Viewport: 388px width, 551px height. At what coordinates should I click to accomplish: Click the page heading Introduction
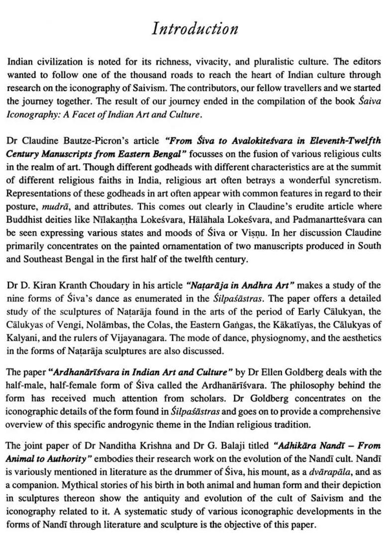(194, 28)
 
